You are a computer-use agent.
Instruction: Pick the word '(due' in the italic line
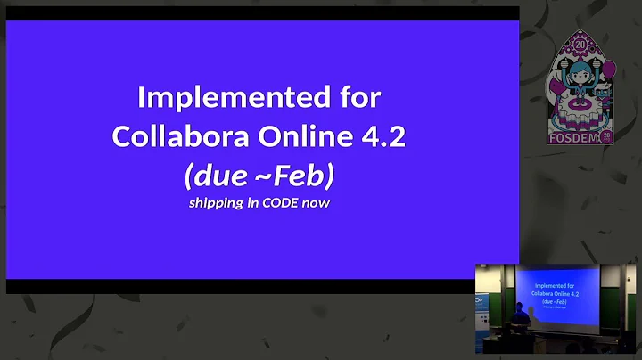(212, 176)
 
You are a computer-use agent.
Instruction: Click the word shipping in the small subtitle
(214, 203)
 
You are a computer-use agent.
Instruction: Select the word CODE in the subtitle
(280, 203)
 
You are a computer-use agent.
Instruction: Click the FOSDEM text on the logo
(571, 138)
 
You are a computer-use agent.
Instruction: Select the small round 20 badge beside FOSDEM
(606, 136)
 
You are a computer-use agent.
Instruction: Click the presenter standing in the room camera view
(521, 316)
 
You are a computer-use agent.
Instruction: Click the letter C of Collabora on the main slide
(122, 136)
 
